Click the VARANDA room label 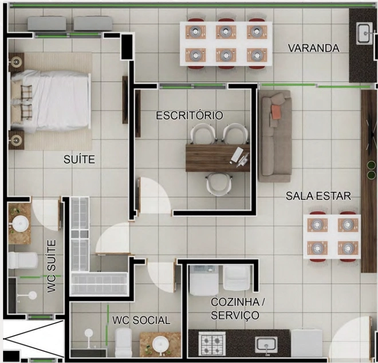tap(314, 48)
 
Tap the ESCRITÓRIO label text tap(190, 115)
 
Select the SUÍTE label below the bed tap(79, 159)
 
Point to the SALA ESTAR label tap(318, 196)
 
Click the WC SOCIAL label tap(141, 321)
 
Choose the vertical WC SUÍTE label tap(52, 266)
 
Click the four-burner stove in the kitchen tap(212, 344)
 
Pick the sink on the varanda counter tap(364, 34)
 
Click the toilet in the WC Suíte tap(23, 261)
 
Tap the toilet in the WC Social tap(124, 342)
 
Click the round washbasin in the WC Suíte tap(21, 224)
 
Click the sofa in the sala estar tap(275, 136)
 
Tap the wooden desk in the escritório tap(218, 158)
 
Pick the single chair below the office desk tap(219, 184)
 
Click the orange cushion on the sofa tap(277, 112)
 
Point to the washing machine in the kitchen tap(204, 280)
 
